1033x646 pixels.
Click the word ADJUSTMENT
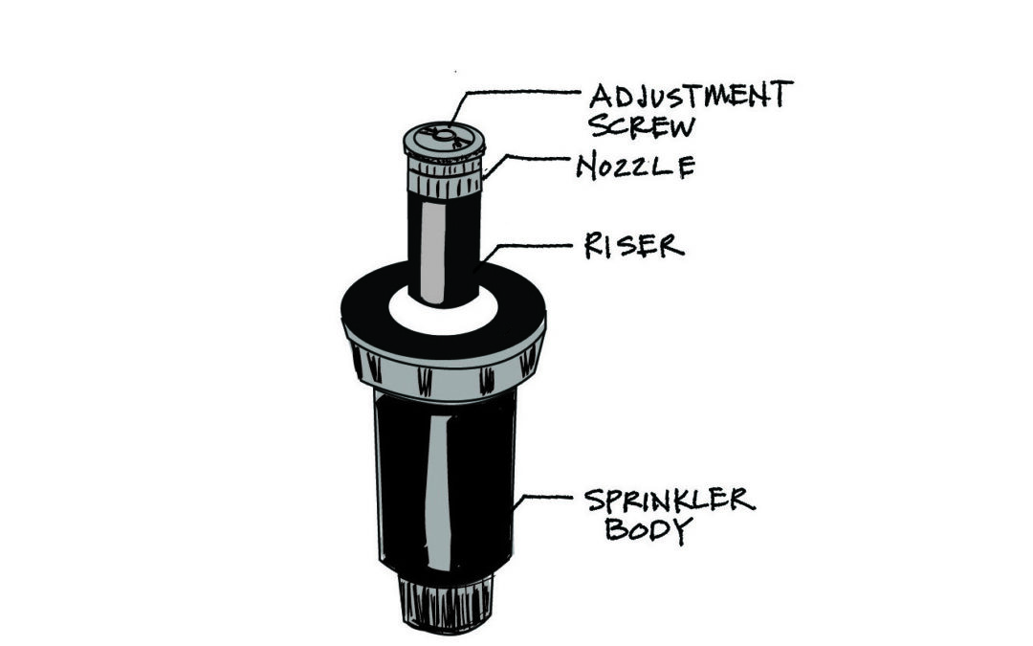pos(692,95)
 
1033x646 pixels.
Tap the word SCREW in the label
pos(642,126)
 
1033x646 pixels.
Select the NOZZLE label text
pos(636,167)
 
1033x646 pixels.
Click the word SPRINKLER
pos(670,501)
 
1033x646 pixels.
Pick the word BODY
pos(648,529)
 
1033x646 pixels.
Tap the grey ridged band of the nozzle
pos(446,179)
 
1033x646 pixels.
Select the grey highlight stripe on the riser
pos(433,253)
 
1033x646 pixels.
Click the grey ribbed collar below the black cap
pos(446,376)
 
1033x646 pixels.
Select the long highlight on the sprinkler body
pos(436,491)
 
